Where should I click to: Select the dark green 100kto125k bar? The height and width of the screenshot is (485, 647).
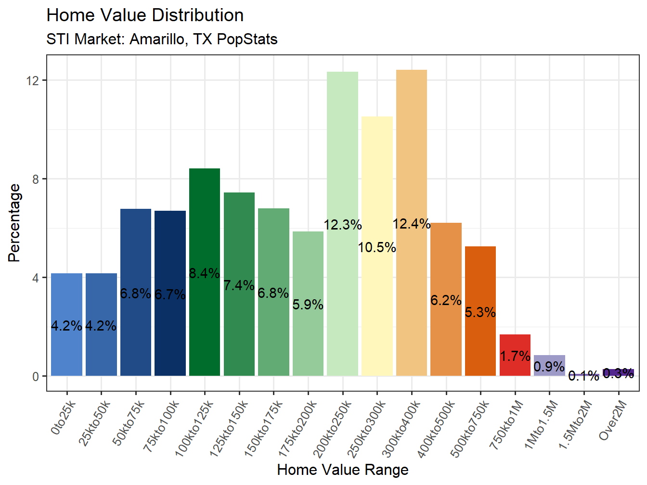pos(205,231)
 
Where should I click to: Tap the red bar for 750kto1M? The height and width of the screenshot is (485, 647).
pos(515,344)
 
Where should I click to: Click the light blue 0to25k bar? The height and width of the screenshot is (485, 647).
pos(66,298)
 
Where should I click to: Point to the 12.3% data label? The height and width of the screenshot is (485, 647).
pos(343,225)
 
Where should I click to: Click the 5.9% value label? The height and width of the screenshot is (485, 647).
pos(308,305)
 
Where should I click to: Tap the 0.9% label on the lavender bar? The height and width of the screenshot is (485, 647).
pos(549,367)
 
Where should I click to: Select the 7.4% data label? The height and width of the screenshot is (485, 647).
pos(239,285)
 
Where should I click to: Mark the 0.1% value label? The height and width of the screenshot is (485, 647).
pos(583,376)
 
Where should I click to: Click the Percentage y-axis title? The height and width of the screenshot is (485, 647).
pos(14,223)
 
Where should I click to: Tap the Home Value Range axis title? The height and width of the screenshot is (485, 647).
pos(343,470)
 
